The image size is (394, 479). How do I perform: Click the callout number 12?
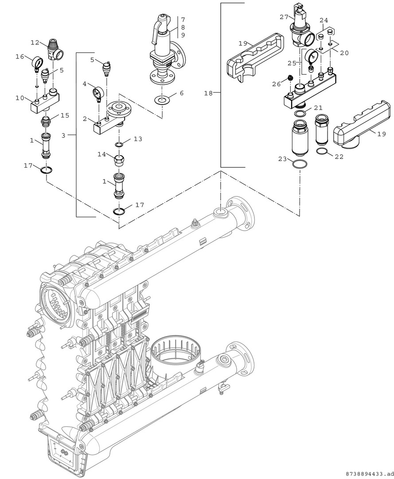(35, 43)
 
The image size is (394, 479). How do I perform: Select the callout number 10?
(20, 98)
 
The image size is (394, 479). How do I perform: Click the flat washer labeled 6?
(162, 100)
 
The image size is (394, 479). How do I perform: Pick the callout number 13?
(138, 139)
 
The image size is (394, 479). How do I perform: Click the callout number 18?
(208, 93)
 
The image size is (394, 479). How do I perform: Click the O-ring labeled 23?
(299, 164)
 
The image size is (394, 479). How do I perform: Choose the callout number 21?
(318, 108)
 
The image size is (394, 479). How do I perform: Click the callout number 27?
(284, 17)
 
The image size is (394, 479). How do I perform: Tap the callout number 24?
(324, 20)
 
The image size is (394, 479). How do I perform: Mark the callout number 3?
(63, 135)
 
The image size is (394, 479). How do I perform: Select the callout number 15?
(65, 115)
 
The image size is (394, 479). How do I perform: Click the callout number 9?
(183, 35)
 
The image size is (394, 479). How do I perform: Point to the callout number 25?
(292, 63)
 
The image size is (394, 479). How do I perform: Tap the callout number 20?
(344, 53)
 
